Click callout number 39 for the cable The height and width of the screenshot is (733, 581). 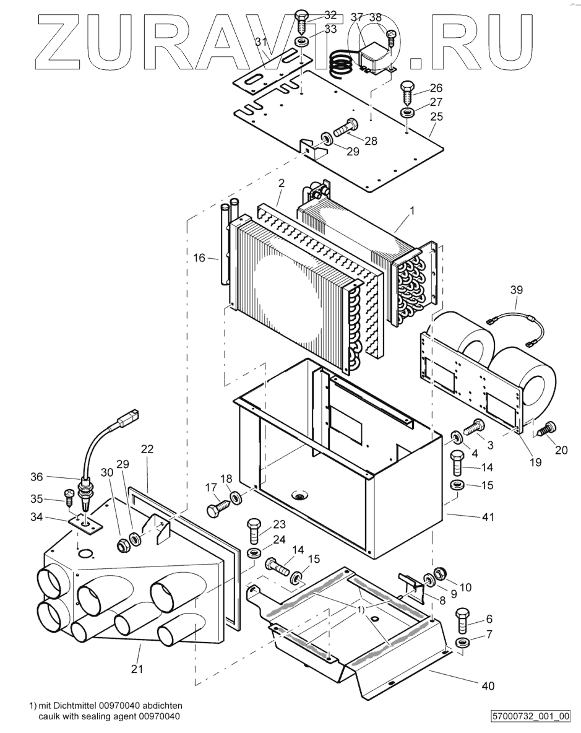[516, 290]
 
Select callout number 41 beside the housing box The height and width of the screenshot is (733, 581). [488, 517]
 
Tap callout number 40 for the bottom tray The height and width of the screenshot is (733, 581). [488, 686]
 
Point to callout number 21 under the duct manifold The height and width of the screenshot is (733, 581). [136, 669]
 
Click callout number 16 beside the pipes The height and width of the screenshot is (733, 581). [199, 258]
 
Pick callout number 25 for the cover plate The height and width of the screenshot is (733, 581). [436, 116]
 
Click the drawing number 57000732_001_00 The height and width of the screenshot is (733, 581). [530, 716]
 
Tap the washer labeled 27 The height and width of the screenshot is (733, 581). [407, 113]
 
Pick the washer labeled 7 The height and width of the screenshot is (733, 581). [462, 641]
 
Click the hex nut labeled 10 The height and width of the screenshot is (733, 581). [440, 573]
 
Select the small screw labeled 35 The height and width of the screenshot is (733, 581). [69, 497]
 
